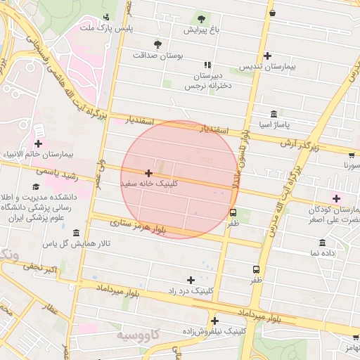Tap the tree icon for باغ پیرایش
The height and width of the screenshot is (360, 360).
pos(202,18)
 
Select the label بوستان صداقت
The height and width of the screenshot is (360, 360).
pos(157,54)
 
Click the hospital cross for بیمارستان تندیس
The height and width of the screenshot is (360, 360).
pos(267,56)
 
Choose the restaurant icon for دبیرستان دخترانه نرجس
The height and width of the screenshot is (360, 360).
pos(206,64)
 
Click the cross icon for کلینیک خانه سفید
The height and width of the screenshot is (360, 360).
pos(148,172)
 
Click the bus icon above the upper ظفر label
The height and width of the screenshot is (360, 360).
pos(233,213)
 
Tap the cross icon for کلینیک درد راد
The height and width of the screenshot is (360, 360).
pos(191,280)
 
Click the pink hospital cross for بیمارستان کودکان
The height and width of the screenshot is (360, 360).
pos(336,198)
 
